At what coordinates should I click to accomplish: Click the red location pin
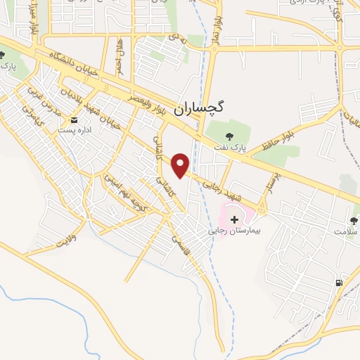point(181,165)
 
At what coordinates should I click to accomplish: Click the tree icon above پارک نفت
point(227,136)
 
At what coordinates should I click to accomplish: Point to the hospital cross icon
point(234,220)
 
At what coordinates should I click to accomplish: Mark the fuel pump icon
point(340,283)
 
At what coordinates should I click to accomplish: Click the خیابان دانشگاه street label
point(70,67)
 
